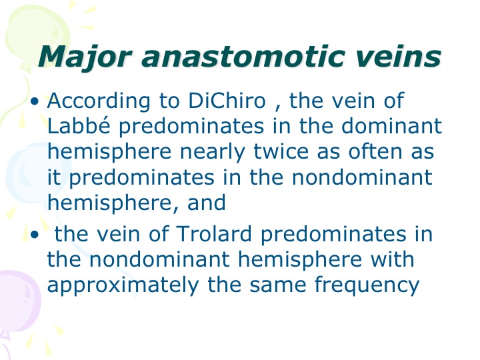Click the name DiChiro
pyautogui.click(x=227, y=100)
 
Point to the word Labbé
pyautogui.click(x=79, y=125)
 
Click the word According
pyautogui.click(x=99, y=101)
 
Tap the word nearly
pyautogui.click(x=212, y=153)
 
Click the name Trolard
pyautogui.click(x=214, y=233)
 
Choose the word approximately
pyautogui.click(x=123, y=285)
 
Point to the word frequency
pyautogui.click(x=367, y=285)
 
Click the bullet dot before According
pyautogui.click(x=35, y=101)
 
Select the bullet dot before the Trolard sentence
pyautogui.click(x=35, y=235)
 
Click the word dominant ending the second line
pyautogui.click(x=391, y=125)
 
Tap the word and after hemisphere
pyautogui.click(x=206, y=203)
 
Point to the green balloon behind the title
pyautogui.click(x=37, y=34)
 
